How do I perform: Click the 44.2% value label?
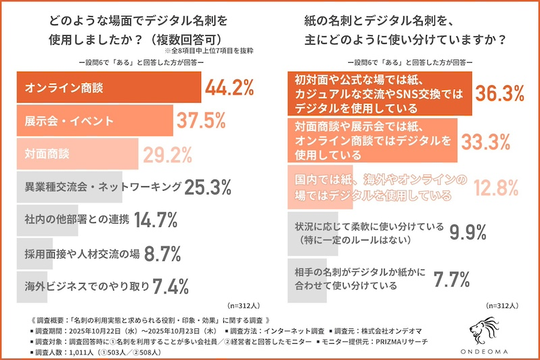pyautogui.click(x=229, y=88)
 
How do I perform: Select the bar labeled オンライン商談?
pyautogui.click(x=108, y=88)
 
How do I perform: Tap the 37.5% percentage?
pyautogui.click(x=200, y=122)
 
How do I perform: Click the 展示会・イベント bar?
pyautogui.click(x=94, y=122)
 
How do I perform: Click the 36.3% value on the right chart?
pyautogui.click(x=501, y=94)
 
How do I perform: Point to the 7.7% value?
pyautogui.click(x=451, y=278)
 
